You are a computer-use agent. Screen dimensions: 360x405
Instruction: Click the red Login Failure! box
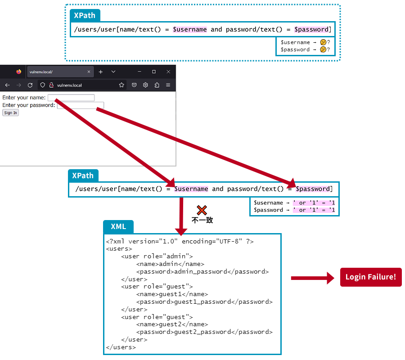pos(371,277)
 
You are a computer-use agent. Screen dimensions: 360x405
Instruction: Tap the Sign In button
pos(10,113)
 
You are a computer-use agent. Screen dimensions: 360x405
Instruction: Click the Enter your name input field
pos(71,98)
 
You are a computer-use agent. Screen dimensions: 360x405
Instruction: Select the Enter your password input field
pos(81,105)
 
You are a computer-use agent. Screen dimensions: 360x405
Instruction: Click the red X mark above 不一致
pos(202,210)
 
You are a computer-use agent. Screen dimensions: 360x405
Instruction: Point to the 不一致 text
pos(202,220)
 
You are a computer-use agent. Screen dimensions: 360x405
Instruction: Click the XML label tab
pos(118,226)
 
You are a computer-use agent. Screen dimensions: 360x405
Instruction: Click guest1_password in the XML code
pos(198,301)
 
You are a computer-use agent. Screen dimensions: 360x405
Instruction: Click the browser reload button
pos(30,85)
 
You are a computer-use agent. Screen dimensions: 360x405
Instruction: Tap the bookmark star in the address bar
pos(121,85)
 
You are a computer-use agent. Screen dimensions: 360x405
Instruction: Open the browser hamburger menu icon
pos(168,85)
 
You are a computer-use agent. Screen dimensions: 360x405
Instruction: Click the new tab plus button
pos(101,72)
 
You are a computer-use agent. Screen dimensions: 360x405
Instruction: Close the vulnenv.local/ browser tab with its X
pos(89,72)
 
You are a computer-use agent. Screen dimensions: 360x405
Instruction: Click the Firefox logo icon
pos(18,72)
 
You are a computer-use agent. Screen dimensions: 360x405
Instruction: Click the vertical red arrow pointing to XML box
pos(181,216)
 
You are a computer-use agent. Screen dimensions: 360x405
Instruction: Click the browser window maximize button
pos(154,72)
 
